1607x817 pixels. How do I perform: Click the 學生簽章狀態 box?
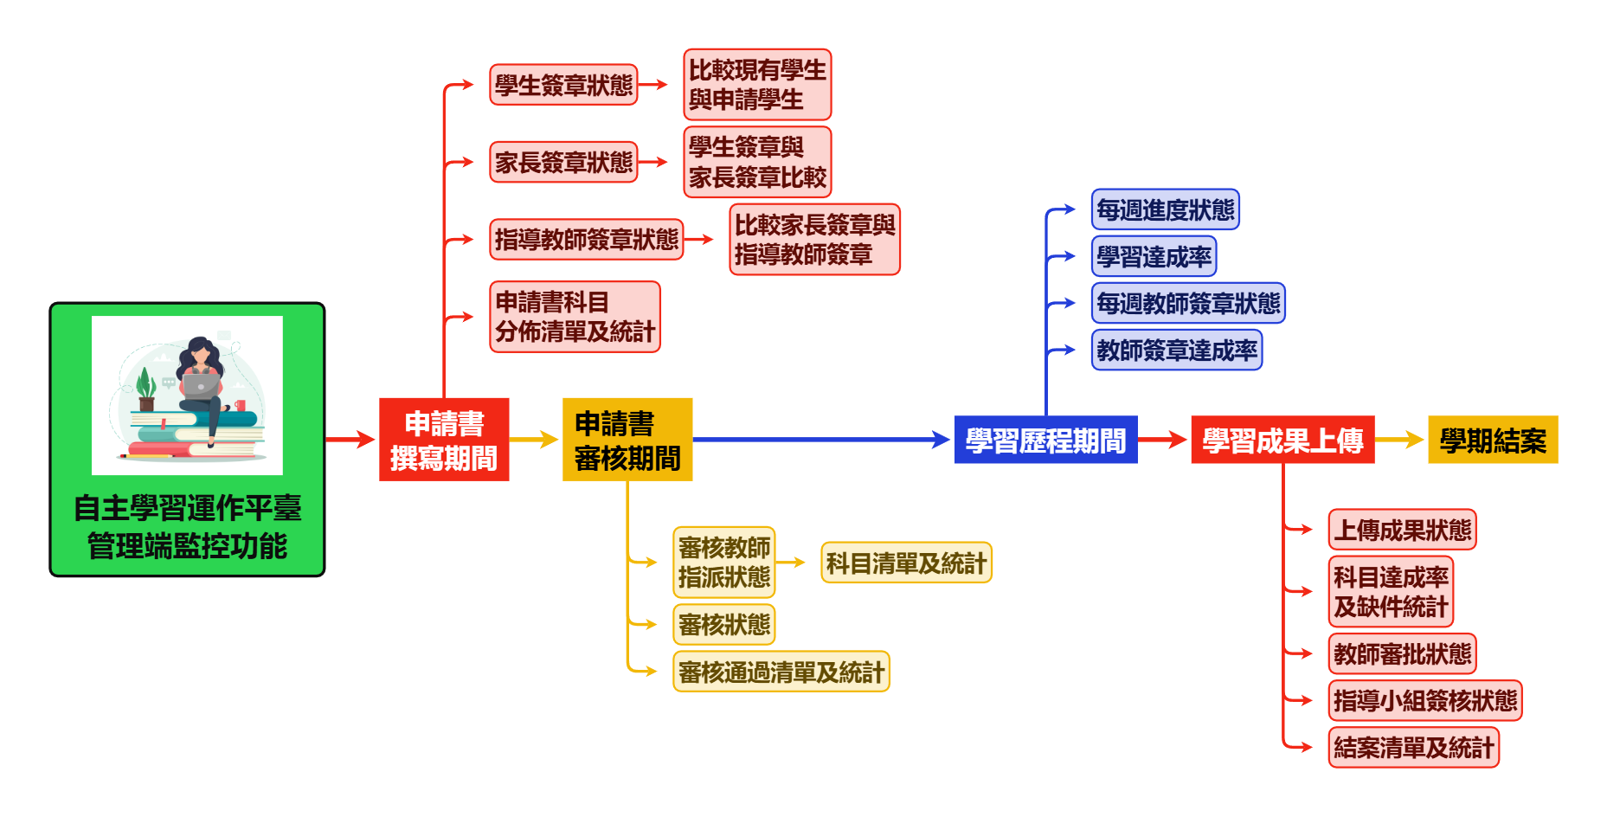pos(563,85)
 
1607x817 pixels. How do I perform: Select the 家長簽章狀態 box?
pos(563,162)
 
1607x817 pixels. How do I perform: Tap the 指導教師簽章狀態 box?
pos(586,239)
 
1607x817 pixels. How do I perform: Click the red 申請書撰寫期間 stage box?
pos(444,439)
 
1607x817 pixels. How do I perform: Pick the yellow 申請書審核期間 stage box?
pos(627,439)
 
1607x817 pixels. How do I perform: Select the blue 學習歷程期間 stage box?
pos(1045,440)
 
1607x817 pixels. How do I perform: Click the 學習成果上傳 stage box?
pos(1282,440)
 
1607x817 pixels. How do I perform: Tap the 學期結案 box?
pos(1493,440)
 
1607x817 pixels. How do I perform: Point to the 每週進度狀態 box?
pos(1165,209)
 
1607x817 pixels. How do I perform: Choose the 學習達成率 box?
pos(1154,256)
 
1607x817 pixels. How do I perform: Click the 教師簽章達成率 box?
pos(1176,350)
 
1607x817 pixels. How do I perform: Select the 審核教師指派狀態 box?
pos(724,562)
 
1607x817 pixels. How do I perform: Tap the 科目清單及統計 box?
pos(906,563)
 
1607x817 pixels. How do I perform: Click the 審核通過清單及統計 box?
pos(781,671)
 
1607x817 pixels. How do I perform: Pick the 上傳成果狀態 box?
pos(1402,529)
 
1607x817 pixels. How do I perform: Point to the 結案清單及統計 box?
pos(1413,747)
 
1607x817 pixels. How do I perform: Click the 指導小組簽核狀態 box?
pos(1424,700)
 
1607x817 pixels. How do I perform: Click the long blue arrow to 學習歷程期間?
pos(822,440)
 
